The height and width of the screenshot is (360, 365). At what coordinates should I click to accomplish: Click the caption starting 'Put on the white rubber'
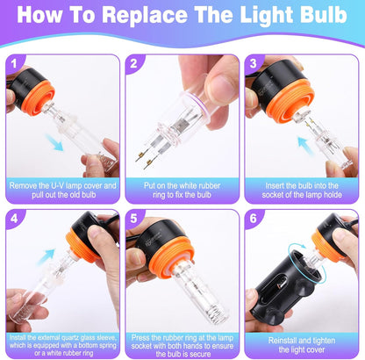coord(182,191)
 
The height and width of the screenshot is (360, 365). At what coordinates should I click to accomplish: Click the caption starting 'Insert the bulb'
coord(304,191)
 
